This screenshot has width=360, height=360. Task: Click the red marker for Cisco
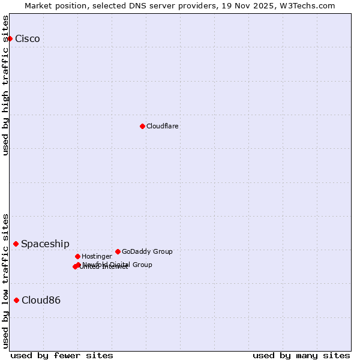coord(10,38)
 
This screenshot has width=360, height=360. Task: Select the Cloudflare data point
coord(142,126)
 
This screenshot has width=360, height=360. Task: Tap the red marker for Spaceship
coord(16,244)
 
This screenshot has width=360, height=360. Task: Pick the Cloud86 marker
coord(16,300)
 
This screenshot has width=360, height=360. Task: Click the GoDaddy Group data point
coord(118,251)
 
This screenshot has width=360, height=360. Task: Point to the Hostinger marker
coord(77,256)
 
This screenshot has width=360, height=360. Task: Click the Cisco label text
coord(28,39)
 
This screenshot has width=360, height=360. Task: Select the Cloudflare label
coord(162,127)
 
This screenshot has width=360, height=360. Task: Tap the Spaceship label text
coord(45,244)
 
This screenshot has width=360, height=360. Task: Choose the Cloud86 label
coord(41,301)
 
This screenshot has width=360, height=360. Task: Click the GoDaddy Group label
coord(147,252)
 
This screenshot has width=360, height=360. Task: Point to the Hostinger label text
coord(97,257)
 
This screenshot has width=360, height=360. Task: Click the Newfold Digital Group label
coord(118,265)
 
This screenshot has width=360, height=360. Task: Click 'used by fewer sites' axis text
coord(62,355)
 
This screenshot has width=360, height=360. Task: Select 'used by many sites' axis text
coord(301,355)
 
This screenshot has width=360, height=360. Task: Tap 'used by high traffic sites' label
coord(6,85)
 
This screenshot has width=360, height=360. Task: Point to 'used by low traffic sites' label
coord(6,281)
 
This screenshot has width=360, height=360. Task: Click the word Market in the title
coord(38,6)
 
